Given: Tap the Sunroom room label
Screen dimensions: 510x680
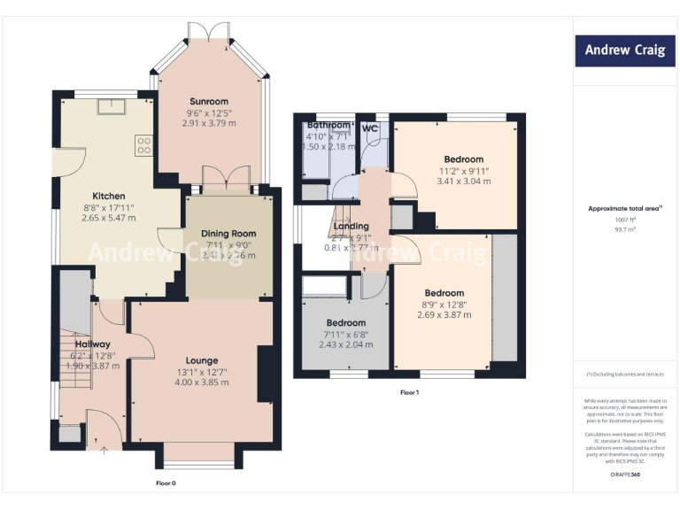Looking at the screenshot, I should coord(207,102).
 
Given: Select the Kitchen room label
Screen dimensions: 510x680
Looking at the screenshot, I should coord(109,196).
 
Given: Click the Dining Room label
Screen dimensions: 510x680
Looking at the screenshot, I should coord(228,234).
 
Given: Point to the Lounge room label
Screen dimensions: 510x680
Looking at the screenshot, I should coord(202,360).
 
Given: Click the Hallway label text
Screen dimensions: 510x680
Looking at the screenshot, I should coord(92,344).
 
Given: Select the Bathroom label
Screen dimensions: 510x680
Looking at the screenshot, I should coord(328,126).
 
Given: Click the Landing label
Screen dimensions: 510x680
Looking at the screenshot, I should coord(352,227).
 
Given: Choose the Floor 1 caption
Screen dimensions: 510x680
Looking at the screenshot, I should coord(409,391).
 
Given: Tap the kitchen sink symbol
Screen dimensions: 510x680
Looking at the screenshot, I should coord(113,106).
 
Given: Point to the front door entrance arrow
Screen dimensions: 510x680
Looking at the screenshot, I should coord(104,451).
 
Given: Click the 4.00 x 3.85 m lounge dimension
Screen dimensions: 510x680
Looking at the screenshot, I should coord(202,382).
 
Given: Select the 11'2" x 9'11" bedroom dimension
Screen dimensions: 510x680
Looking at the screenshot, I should coord(463,171).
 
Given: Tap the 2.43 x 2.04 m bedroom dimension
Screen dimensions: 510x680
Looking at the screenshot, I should coord(344,345).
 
